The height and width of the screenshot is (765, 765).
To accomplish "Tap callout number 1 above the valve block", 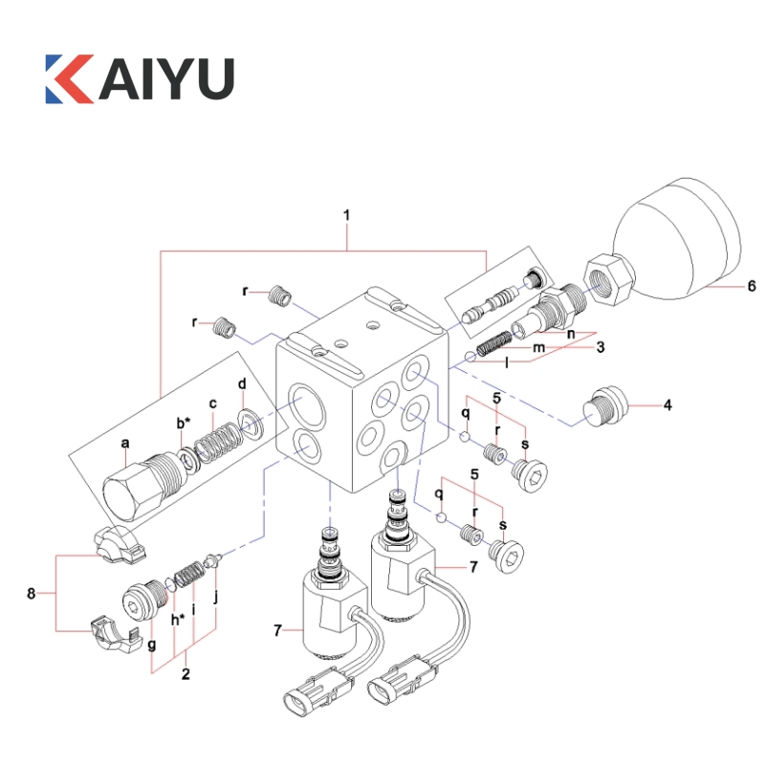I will (346, 216).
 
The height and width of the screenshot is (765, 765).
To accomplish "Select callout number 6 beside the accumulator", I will (752, 286).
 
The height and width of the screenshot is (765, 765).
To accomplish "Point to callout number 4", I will (668, 405).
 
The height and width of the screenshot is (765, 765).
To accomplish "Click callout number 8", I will (32, 594).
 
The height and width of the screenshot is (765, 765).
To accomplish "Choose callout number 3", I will (601, 348).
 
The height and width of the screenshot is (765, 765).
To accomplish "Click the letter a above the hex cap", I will (125, 443).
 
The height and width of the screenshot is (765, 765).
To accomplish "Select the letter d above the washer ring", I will (243, 383).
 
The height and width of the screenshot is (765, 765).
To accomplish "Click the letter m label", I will (538, 349).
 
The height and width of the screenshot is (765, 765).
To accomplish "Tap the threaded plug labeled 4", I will (604, 409).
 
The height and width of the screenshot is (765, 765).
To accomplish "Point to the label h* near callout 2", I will (178, 620).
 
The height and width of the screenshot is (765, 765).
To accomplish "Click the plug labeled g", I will (142, 601).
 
